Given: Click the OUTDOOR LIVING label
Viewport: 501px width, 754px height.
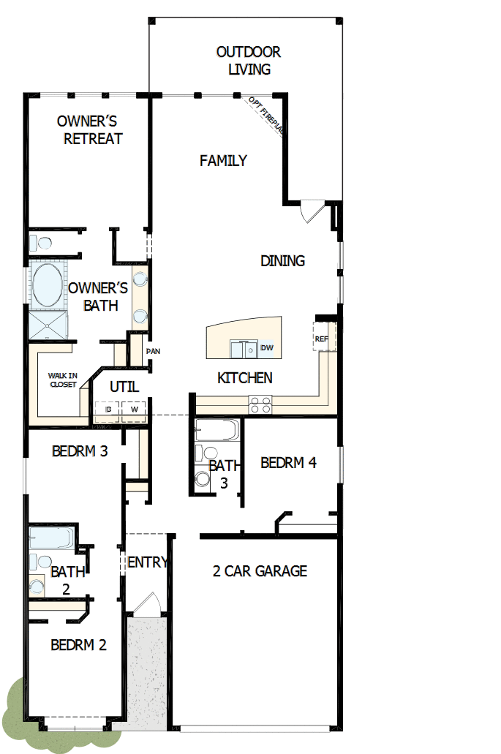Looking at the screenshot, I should point(249,61).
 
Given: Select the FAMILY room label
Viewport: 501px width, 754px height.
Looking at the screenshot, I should point(223,161).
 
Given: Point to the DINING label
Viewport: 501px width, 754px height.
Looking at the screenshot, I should point(282,261).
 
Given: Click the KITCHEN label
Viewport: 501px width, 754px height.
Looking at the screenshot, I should point(245,378).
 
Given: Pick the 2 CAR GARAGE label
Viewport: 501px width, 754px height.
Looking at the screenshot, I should point(260,571).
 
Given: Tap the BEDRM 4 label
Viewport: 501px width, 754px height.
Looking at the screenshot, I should point(288,463).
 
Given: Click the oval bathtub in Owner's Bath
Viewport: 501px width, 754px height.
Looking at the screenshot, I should point(47,286).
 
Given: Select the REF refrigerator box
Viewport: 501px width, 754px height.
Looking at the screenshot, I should point(323,338).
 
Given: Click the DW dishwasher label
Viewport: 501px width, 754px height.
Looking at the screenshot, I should point(267,348).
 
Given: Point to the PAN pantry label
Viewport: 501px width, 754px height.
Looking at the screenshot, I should point(153,352).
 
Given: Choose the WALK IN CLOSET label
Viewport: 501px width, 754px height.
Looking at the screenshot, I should point(63,380).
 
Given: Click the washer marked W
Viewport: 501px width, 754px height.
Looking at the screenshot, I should point(134,410).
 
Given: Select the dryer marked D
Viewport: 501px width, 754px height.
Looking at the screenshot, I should point(108,410).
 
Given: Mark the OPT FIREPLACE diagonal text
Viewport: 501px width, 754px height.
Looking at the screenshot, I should point(265,114).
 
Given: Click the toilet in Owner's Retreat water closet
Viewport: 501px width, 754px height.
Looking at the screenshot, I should point(42,243).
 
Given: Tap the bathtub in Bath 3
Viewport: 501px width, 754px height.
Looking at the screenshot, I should point(217,430).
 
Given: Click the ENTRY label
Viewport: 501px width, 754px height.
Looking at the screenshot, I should point(147,562).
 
